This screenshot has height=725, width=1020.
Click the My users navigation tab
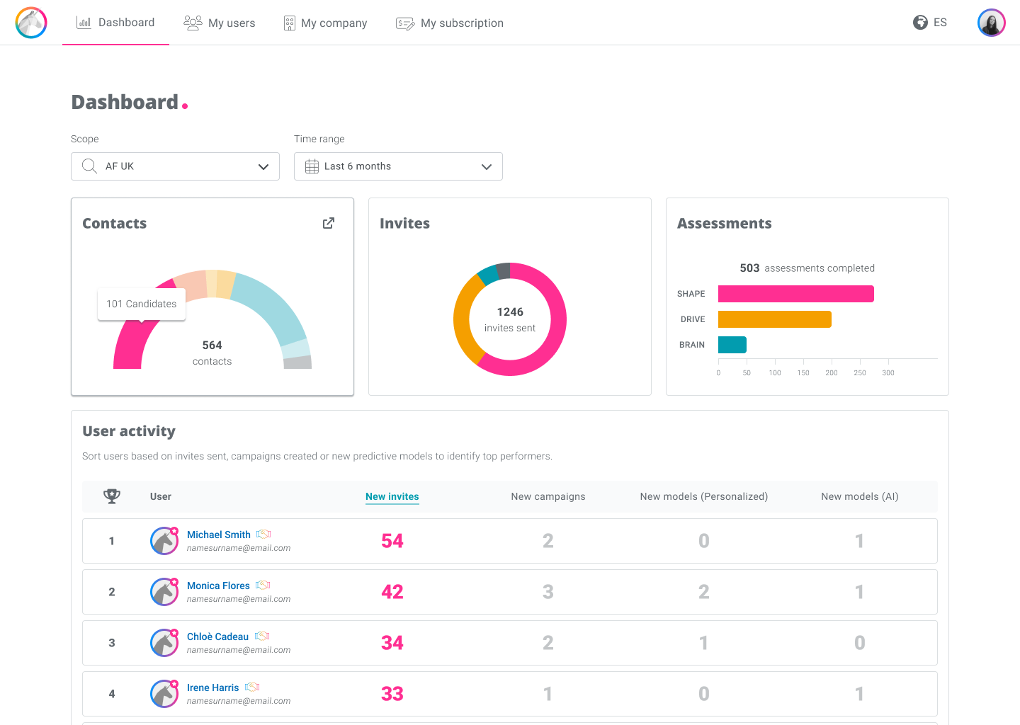click(x=219, y=23)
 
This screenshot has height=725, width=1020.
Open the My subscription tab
click(x=449, y=23)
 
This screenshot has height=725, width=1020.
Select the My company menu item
click(x=325, y=23)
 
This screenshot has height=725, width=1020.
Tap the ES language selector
click(x=930, y=22)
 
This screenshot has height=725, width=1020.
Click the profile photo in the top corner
click(x=992, y=22)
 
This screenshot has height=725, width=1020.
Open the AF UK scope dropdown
click(x=176, y=166)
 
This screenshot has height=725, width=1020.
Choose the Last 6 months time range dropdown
click(x=398, y=166)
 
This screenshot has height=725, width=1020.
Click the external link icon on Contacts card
click(x=329, y=223)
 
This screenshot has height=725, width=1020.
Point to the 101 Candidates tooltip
click(x=142, y=304)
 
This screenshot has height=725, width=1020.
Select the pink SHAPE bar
click(x=796, y=294)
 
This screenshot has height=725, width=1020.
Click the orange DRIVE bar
click(x=775, y=319)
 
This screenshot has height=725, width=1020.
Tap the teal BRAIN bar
click(x=732, y=345)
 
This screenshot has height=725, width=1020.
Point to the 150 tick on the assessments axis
click(x=803, y=372)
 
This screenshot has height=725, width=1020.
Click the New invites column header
click(x=392, y=496)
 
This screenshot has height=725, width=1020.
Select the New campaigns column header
click(x=548, y=496)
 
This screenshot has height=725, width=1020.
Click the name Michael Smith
click(x=219, y=535)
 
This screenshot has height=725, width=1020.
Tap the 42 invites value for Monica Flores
click(x=392, y=592)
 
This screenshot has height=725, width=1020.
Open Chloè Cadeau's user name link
click(x=217, y=636)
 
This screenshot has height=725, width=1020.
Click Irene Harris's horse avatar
click(x=164, y=694)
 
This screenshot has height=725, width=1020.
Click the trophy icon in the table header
click(x=112, y=496)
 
